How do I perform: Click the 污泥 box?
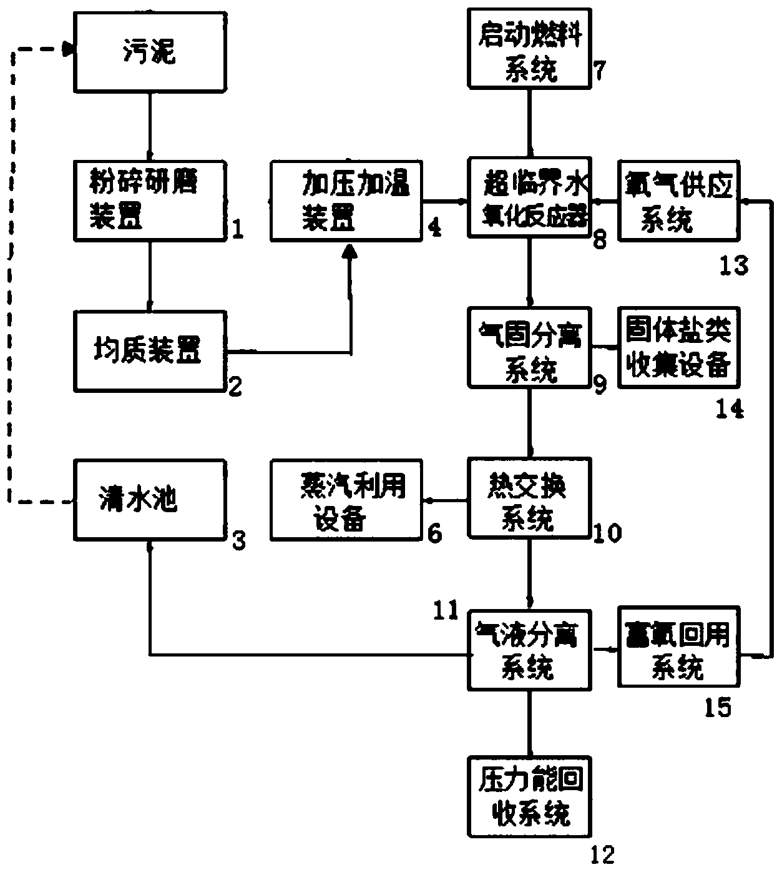click(x=150, y=52)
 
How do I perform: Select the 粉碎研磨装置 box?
click(x=150, y=200)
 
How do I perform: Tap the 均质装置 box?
click(x=150, y=351)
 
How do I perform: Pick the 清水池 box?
click(x=150, y=499)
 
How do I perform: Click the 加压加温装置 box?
click(x=346, y=200)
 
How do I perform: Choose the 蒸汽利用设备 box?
click(x=346, y=499)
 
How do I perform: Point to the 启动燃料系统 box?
click(x=529, y=48)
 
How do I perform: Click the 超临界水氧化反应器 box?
click(x=529, y=197)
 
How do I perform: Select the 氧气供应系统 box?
click(x=679, y=200)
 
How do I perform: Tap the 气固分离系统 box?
click(x=529, y=347)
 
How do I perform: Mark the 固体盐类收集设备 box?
click(x=679, y=347)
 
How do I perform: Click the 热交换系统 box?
click(x=529, y=498)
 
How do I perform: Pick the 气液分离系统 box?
click(x=529, y=650)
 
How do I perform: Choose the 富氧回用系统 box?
click(x=679, y=647)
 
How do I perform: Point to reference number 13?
click(x=734, y=265)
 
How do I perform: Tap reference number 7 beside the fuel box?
click(x=600, y=70)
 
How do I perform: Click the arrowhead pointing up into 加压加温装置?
click(x=349, y=250)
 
